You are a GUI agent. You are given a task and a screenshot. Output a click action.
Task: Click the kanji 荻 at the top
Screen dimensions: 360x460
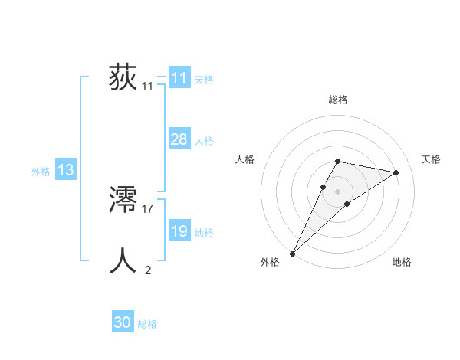click(x=123, y=78)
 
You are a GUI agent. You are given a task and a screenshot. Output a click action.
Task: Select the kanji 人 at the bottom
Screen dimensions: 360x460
click(x=123, y=261)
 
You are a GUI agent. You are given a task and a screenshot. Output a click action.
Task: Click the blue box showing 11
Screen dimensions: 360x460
click(x=179, y=78)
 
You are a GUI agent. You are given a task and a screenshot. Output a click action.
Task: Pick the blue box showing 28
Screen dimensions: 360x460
click(x=179, y=139)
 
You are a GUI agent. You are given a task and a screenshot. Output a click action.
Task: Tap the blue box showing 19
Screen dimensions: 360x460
click(x=179, y=231)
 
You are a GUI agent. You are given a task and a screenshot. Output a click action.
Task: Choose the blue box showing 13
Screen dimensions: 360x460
click(x=65, y=170)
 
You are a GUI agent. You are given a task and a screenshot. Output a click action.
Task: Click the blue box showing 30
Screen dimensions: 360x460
click(x=123, y=322)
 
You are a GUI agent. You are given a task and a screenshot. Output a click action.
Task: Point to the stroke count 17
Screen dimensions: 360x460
click(x=148, y=208)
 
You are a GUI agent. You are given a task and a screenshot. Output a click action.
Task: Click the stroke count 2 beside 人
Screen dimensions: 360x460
click(x=148, y=270)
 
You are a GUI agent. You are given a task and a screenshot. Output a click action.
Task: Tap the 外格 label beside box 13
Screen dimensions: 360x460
click(x=41, y=172)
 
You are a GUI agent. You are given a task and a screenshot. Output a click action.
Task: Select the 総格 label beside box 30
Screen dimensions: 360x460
click(x=147, y=324)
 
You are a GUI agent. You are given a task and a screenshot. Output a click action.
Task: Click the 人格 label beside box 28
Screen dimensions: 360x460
click(x=204, y=141)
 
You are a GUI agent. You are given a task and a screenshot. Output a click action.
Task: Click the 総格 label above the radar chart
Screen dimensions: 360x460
click(x=338, y=100)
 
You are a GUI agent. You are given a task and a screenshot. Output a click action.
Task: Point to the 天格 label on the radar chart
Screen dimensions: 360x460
click(x=432, y=159)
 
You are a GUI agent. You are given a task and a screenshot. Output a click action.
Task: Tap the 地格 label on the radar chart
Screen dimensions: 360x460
click(x=402, y=262)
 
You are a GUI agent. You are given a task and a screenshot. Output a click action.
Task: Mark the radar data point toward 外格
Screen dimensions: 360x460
click(x=292, y=253)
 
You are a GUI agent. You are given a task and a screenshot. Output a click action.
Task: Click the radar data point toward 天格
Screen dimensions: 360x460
click(x=396, y=172)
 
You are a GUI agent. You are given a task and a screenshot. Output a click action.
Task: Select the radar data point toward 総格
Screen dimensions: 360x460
click(x=337, y=161)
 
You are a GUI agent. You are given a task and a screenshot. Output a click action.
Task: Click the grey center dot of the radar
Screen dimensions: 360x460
click(x=338, y=191)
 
